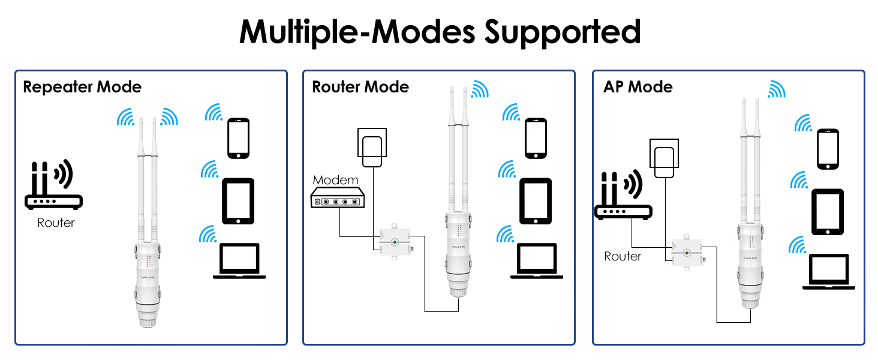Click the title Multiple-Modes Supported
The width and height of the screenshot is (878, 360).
coord(440,32)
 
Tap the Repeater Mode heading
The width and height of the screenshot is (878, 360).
coord(82,87)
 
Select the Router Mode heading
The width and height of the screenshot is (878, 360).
coord(360,87)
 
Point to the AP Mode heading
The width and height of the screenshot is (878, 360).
coord(638,87)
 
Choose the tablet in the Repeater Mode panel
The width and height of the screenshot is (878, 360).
coord(238,201)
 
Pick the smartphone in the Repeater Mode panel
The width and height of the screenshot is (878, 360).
coord(238,138)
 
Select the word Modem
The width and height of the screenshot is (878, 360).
coord(335,179)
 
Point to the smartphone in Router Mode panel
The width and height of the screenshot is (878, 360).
coord(536,138)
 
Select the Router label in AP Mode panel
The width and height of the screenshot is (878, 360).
coord(623,256)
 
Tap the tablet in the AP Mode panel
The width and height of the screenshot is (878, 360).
coord(828,212)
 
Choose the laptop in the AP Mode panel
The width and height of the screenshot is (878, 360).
coord(829,272)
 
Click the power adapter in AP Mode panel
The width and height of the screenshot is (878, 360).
coord(665,159)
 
